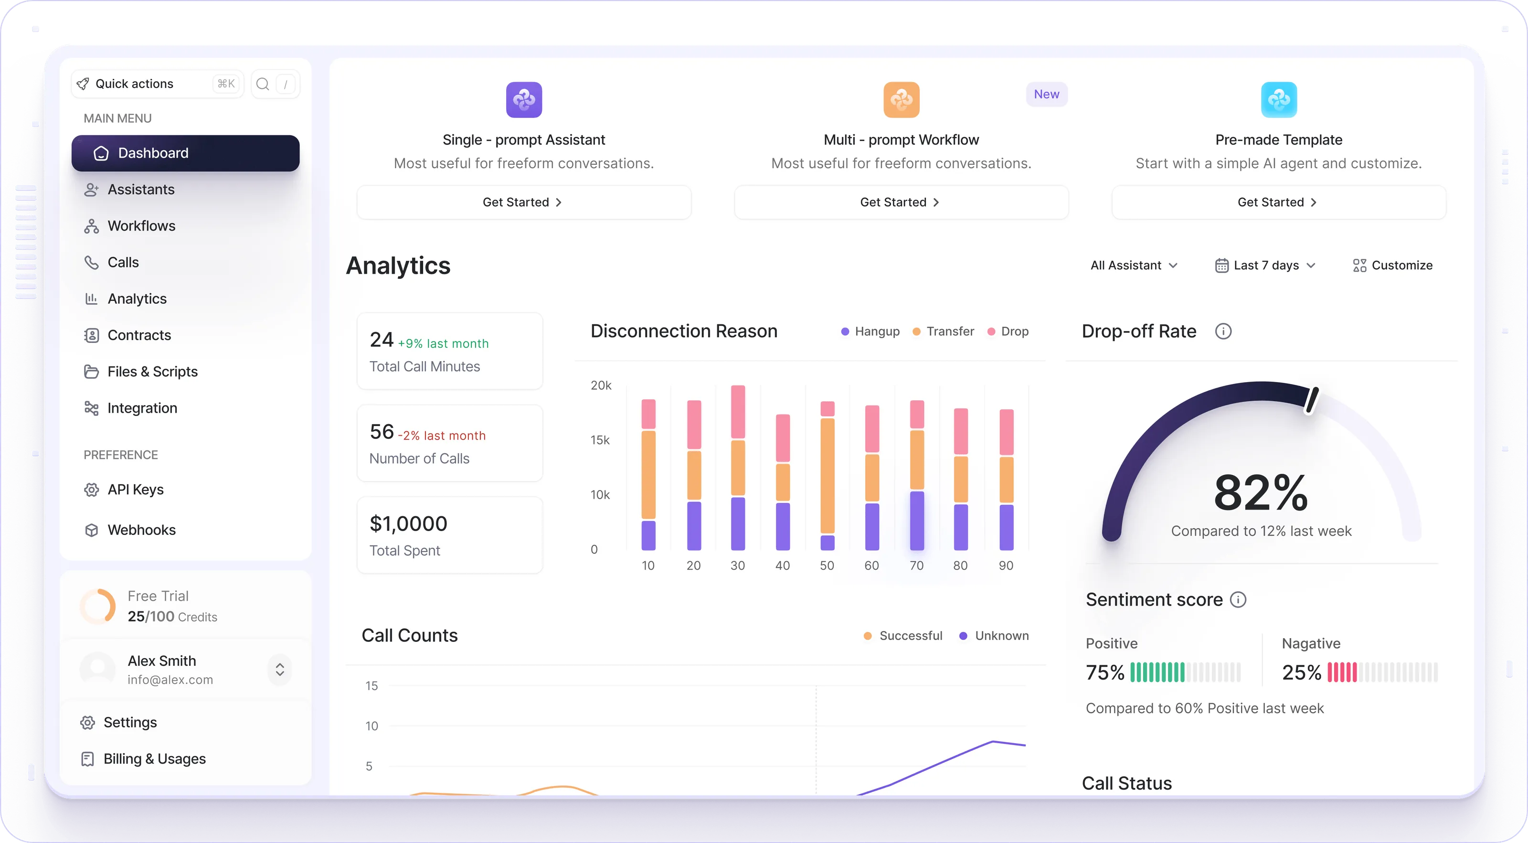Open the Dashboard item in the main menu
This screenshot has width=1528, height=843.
(185, 153)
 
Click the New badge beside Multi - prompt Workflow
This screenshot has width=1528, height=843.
(1046, 94)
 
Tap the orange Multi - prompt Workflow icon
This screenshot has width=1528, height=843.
(901, 100)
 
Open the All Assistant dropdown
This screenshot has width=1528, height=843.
(1134, 265)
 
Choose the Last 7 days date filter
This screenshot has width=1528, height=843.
(1265, 265)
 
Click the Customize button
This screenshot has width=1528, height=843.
(1392, 265)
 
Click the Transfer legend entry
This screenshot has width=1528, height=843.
(943, 331)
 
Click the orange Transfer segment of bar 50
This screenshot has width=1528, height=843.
(827, 476)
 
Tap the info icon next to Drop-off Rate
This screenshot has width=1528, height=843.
(1223, 331)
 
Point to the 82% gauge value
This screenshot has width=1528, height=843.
(1261, 492)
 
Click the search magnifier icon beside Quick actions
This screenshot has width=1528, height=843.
(262, 84)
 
